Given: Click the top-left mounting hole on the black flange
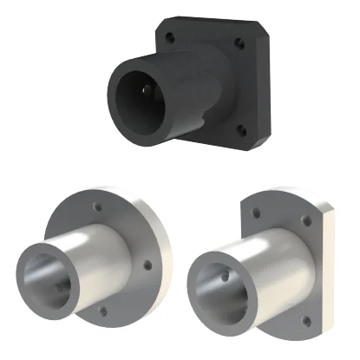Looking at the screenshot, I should click(x=171, y=36).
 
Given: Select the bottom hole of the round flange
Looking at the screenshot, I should click(x=104, y=310).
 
